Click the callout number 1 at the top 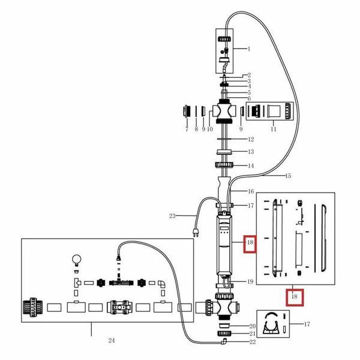tap(248, 49)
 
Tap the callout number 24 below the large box tap(112, 340)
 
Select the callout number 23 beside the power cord tap(172, 216)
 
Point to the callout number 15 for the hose tap(288, 176)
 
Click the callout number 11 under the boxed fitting tap(273, 129)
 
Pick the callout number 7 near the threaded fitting tap(187, 129)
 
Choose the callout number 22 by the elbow tap(253, 342)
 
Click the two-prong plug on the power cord tap(196, 233)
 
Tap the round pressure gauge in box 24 tap(77, 260)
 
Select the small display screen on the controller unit tap(224, 228)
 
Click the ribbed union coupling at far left tap(33, 307)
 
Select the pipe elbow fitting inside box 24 tap(161, 284)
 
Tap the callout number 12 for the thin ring tap(251, 139)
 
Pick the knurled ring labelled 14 tap(224, 164)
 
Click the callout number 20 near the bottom tap(253, 326)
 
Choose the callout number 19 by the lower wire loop tap(250, 281)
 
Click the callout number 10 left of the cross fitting tap(210, 129)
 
